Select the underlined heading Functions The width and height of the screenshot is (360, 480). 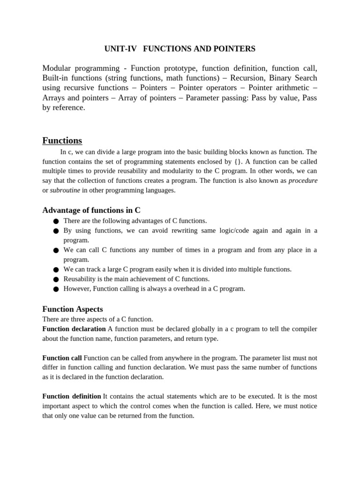pos(62,141)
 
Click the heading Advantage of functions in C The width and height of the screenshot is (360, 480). pos(91,210)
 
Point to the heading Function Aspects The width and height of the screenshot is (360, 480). pos(73,309)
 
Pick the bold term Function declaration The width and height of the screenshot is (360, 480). pos(74,329)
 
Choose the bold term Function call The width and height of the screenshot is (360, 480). pos(62,358)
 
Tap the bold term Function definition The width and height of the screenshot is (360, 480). pos(72,396)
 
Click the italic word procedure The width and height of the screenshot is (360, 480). pos(303,180)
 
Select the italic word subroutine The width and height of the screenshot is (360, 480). pos(65,190)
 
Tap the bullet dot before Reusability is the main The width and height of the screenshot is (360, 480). pos(56,279)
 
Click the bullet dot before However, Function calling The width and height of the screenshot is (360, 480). pos(56,289)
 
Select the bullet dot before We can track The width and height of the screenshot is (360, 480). pos(56,270)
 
